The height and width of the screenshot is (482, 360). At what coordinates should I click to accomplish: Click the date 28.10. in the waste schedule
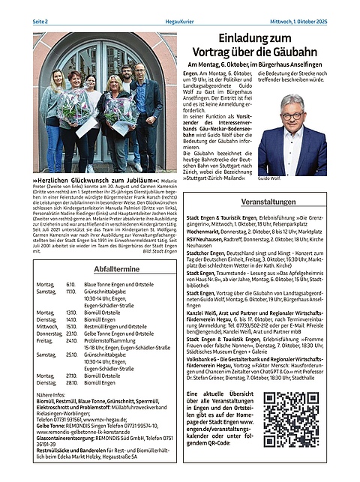tap(70, 383)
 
